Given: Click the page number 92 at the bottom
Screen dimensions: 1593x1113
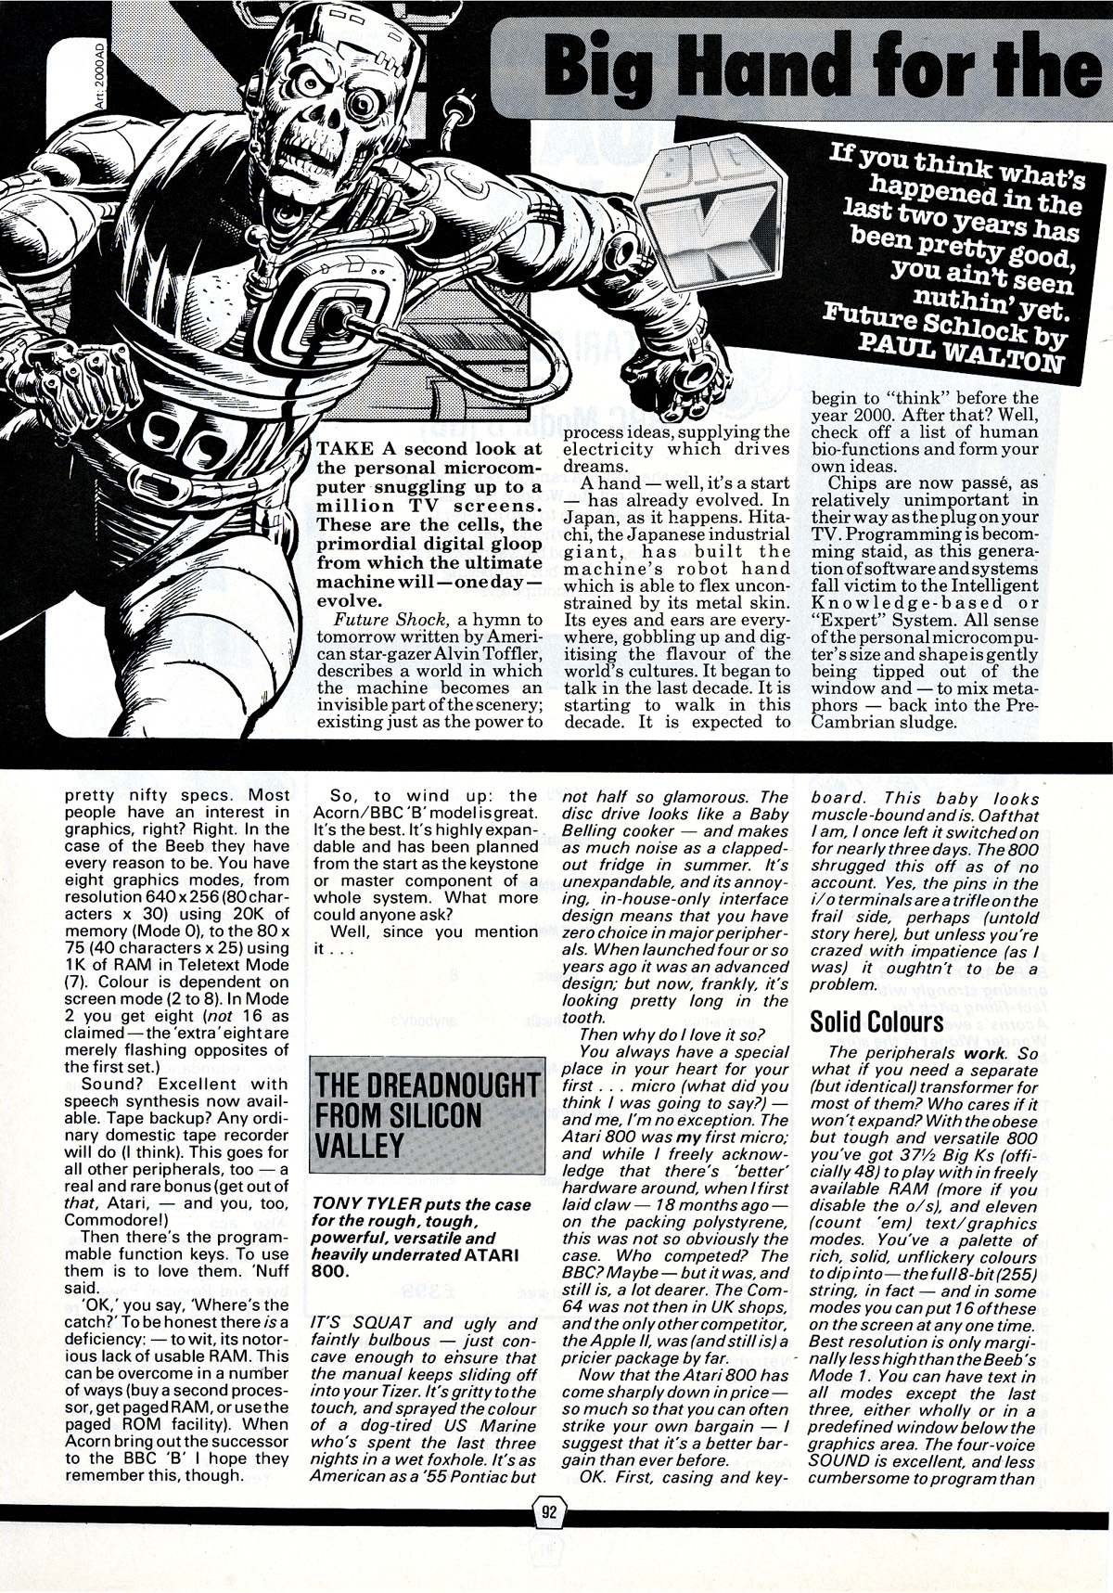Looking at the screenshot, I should tap(549, 1537).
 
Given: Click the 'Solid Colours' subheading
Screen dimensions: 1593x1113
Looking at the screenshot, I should tap(876, 1021).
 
